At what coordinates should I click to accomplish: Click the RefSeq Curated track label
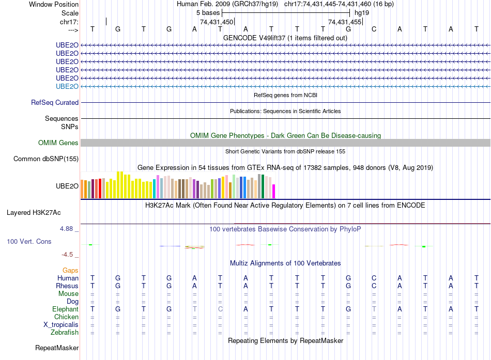pyautogui.click(x=55, y=103)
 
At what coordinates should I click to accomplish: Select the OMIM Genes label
pyautogui.click(x=58, y=143)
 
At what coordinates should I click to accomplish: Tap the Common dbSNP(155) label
pyautogui.click(x=46, y=159)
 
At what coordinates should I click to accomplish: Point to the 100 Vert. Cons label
pyautogui.click(x=29, y=241)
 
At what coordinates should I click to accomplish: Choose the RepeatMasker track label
pyautogui.click(x=57, y=348)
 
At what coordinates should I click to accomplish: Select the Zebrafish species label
pyautogui.click(x=64, y=332)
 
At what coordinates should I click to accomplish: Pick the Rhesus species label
pyautogui.click(x=67, y=286)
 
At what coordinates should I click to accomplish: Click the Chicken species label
pyautogui.click(x=66, y=317)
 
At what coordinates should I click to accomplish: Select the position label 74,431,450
pyautogui.click(x=217, y=22)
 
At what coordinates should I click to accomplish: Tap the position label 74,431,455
pyautogui.click(x=345, y=22)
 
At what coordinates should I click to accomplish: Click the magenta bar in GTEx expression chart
pyautogui.click(x=274, y=191)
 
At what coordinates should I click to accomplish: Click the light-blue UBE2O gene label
pyautogui.click(x=67, y=86)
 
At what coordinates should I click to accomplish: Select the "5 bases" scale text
pyautogui.click(x=208, y=12)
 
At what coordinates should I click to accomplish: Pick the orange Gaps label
pyautogui.click(x=70, y=270)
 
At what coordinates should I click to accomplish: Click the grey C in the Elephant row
pyautogui.click(x=220, y=309)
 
